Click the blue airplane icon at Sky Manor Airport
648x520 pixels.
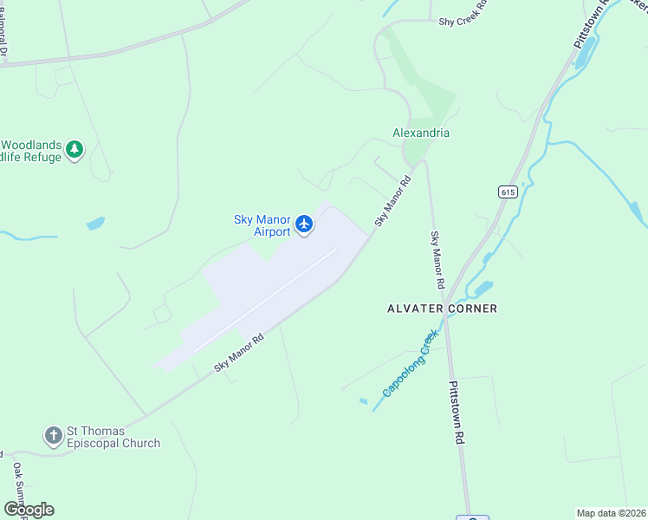(x=304, y=224)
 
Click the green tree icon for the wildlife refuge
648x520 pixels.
(x=75, y=150)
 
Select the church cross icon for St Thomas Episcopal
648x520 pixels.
(x=53, y=436)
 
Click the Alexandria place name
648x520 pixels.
(x=421, y=133)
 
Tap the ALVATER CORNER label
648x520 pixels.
(x=442, y=309)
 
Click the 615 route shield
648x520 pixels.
(x=508, y=192)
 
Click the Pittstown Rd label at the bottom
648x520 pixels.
(x=456, y=413)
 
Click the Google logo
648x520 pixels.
(x=29, y=510)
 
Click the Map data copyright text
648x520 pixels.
(x=612, y=513)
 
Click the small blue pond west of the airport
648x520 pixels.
(x=95, y=224)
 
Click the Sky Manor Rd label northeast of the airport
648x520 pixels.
(x=392, y=200)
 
